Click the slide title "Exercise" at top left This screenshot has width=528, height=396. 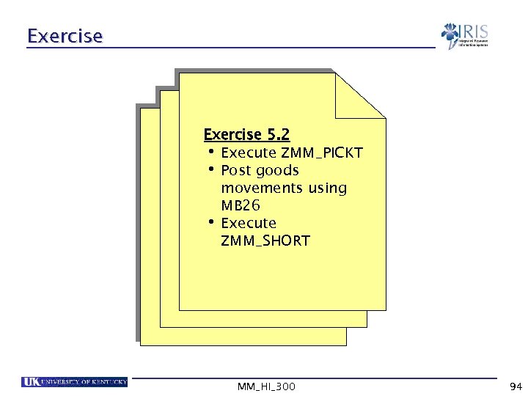point(65,36)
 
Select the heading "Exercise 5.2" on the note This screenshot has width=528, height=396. point(246,135)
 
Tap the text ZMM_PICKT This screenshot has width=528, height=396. point(322,153)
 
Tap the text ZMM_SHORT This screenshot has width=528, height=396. point(265,241)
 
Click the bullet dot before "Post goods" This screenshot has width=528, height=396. point(210,169)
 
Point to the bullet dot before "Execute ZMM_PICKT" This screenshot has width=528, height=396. point(210,152)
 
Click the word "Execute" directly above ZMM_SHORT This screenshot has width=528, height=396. point(249,223)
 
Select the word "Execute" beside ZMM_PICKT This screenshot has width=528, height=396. point(249,153)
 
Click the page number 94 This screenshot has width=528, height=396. point(515,386)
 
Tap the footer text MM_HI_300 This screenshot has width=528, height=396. point(266,386)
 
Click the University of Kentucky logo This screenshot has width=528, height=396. point(75,382)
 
